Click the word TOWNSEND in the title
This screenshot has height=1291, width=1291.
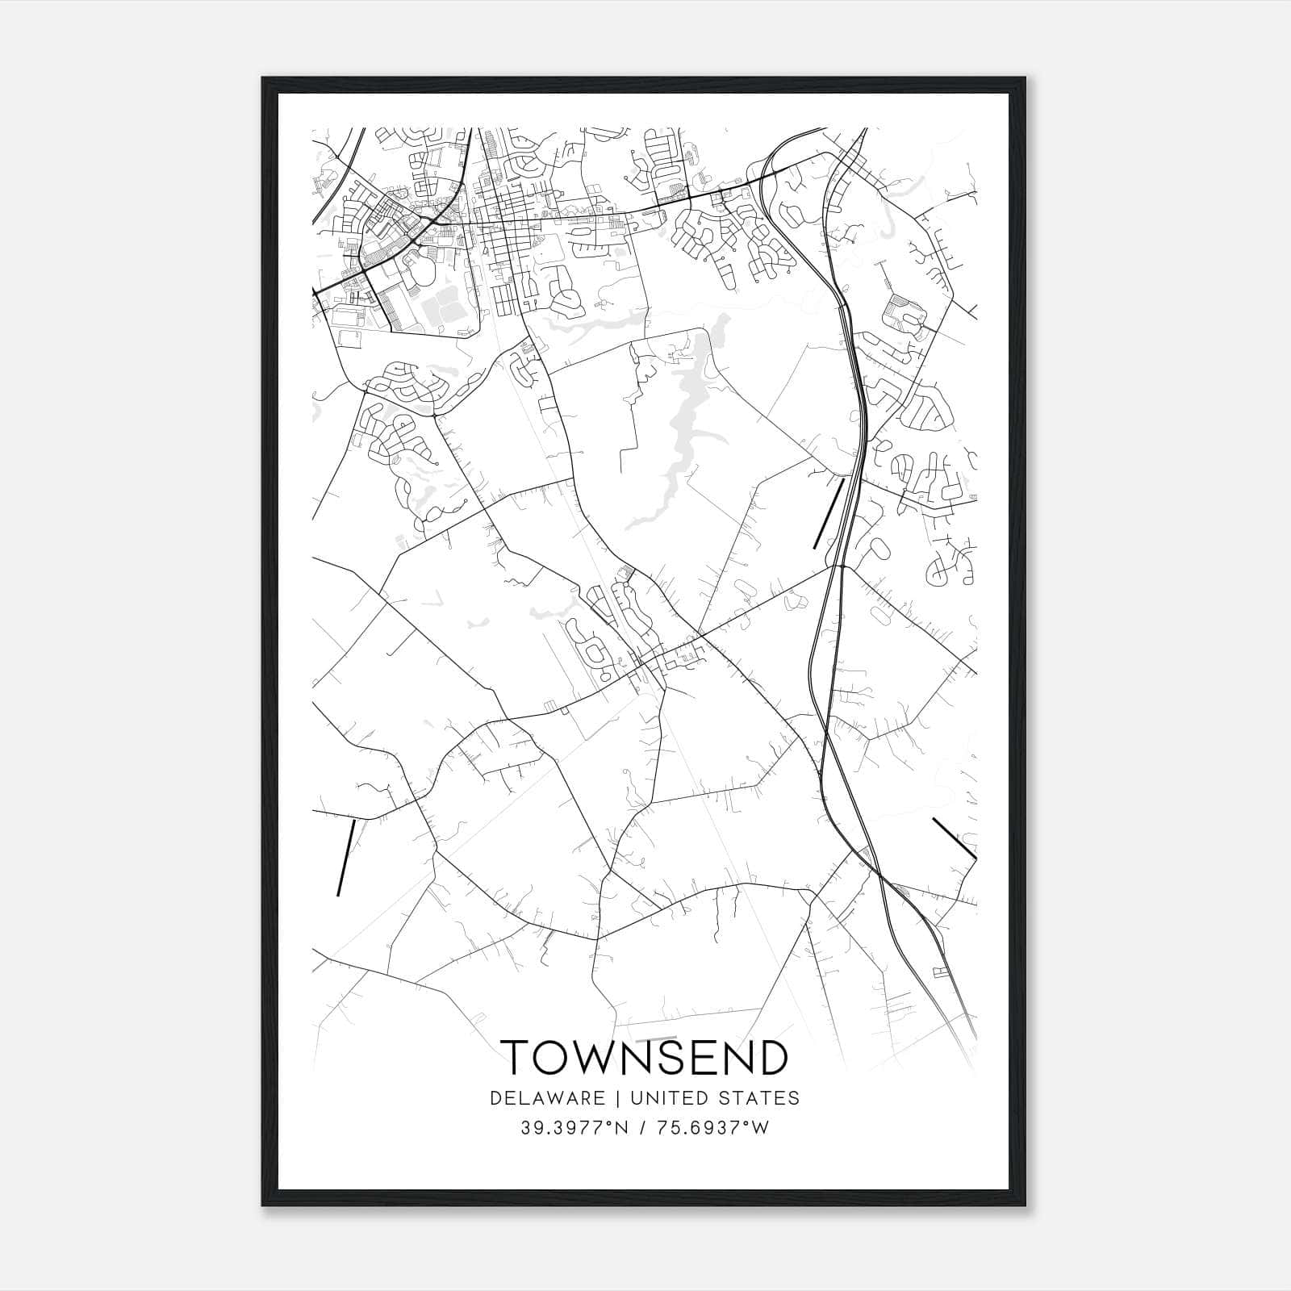click(644, 1058)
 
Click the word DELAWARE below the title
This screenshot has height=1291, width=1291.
click(546, 1098)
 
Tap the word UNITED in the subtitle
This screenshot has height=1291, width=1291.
click(666, 1098)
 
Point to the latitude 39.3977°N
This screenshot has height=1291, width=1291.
click(574, 1128)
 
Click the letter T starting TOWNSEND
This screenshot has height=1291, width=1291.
click(517, 1058)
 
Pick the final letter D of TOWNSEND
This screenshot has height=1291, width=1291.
click(771, 1058)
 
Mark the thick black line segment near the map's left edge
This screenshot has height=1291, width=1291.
click(345, 858)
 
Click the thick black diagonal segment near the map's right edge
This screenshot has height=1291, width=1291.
click(955, 838)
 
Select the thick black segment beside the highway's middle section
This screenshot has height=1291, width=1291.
click(829, 514)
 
